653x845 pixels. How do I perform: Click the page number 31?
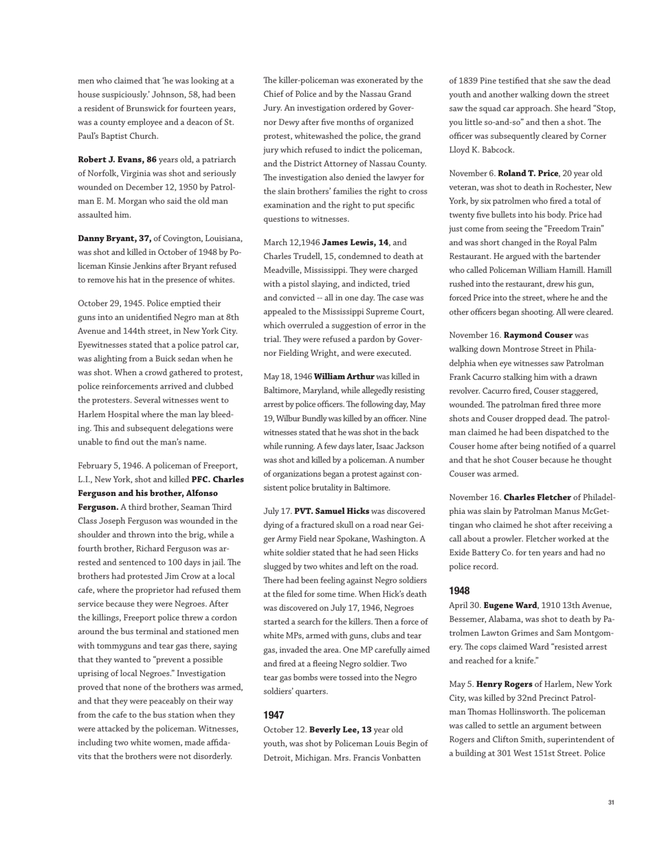click(611, 802)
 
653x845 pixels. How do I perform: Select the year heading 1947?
click(274, 715)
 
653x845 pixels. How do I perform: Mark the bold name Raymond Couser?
click(538, 335)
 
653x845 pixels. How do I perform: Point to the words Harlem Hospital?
click(107, 414)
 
